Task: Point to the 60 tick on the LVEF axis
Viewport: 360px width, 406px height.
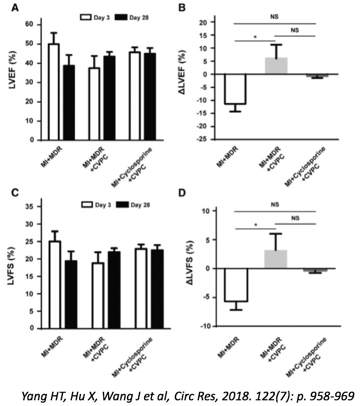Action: (x=30, y=24)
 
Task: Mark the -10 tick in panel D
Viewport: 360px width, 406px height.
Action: (x=205, y=327)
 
